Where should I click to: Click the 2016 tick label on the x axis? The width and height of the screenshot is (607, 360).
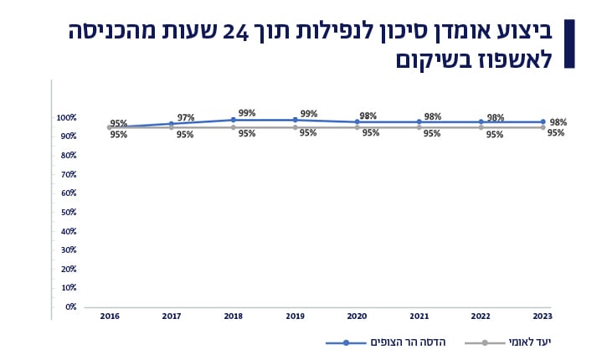pos(109,316)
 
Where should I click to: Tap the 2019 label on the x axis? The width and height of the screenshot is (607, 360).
pos(295,316)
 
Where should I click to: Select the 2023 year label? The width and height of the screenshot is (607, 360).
pos(543,316)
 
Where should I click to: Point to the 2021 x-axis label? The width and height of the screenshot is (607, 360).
pos(419,316)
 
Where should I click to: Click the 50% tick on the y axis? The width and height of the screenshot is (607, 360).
pos(67,212)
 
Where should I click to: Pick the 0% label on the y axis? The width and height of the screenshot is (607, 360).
pos(69,307)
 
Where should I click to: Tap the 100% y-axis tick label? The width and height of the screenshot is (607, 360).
pos(66,117)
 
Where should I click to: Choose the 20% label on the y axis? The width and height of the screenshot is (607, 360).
pos(67,269)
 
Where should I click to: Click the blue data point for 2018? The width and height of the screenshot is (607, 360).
pos(233,120)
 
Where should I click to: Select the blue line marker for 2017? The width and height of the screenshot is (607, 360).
pos(171,124)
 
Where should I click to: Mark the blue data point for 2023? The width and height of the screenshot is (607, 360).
pos(543,122)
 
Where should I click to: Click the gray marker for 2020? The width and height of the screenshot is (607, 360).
pos(357,127)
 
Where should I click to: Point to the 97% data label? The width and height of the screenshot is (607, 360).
pos(185,117)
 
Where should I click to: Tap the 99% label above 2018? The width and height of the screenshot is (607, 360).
pos(246,112)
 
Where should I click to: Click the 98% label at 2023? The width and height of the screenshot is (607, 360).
pos(557,122)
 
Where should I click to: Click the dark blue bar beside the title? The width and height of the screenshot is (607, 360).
pos(570,43)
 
